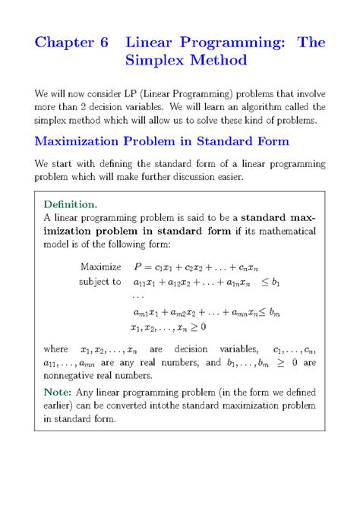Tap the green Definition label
pyautogui.click(x=70, y=204)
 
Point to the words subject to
pyautogui.click(x=99, y=282)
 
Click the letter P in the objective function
pyautogui.click(x=138, y=267)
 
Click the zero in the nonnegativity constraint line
pyautogui.click(x=203, y=327)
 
